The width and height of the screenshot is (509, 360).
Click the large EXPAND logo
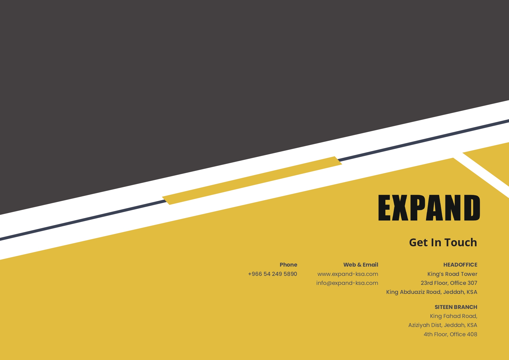click(429, 207)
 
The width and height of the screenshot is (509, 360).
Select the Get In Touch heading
click(443, 242)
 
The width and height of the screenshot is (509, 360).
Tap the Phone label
click(288, 265)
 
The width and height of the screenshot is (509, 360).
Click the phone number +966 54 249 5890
click(272, 274)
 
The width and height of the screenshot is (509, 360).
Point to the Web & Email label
click(361, 265)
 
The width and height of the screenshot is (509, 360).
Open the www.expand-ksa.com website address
click(348, 274)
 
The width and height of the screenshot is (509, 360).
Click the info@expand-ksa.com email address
click(347, 283)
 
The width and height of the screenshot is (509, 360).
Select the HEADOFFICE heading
click(460, 265)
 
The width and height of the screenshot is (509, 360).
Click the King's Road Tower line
click(452, 274)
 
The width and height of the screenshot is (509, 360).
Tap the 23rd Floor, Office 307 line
click(449, 283)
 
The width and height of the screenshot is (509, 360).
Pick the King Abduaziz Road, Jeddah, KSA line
click(432, 292)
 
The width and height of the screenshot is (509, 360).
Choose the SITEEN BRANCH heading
click(456, 307)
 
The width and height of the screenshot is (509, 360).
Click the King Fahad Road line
click(454, 316)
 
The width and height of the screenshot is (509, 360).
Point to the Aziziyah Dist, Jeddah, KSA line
click(443, 325)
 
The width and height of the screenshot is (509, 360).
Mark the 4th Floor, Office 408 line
click(450, 334)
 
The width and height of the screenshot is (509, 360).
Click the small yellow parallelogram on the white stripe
click(252, 180)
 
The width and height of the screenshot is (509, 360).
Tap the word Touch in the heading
click(461, 242)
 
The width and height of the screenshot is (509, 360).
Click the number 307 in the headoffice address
click(472, 283)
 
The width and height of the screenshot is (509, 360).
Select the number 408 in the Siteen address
click(472, 334)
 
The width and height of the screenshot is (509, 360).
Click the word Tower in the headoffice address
click(469, 274)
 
